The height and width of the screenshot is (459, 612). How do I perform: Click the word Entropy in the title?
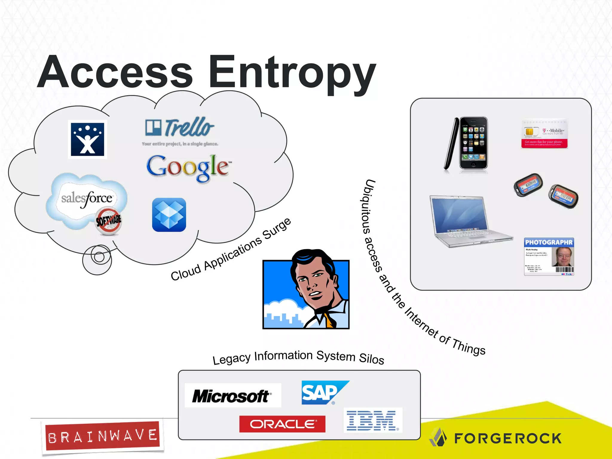click(291, 73)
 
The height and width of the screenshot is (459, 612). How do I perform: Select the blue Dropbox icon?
click(169, 215)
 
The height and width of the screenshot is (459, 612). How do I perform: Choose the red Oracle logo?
click(282, 424)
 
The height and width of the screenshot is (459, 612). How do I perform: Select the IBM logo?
click(372, 420)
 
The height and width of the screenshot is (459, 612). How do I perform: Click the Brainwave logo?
click(102, 436)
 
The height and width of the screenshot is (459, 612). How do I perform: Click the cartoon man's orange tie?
click(329, 322)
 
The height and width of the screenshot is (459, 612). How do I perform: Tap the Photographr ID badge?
click(549, 257)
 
